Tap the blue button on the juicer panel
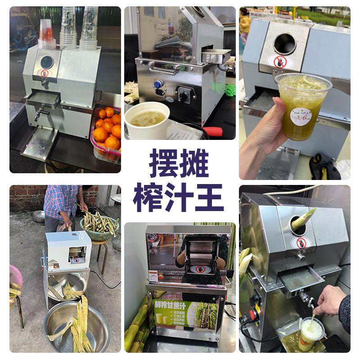[158, 84]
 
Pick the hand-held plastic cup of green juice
[302, 106]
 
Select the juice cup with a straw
[311, 333]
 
